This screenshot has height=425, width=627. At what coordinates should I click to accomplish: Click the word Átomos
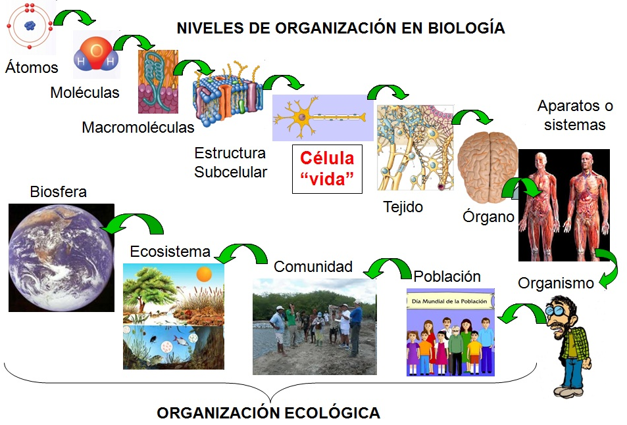pyautogui.click(x=32, y=68)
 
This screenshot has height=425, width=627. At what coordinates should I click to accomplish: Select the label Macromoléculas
pyautogui.click(x=138, y=127)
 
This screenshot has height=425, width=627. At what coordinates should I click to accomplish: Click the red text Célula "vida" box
pyautogui.click(x=327, y=169)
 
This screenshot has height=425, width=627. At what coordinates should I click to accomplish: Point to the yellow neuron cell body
pyautogui.click(x=301, y=118)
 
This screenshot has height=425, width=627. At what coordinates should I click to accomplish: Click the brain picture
pyautogui.click(x=488, y=167)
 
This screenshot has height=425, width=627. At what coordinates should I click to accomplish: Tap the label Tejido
pyautogui.click(x=403, y=207)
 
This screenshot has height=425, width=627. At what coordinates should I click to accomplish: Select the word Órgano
pyautogui.click(x=488, y=216)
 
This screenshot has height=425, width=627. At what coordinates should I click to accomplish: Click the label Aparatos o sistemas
pyautogui.click(x=574, y=115)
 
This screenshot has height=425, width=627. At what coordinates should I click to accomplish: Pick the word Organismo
pyautogui.click(x=556, y=283)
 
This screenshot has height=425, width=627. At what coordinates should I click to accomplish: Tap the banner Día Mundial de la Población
pyautogui.click(x=449, y=302)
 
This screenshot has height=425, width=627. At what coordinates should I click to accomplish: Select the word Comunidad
pyautogui.click(x=313, y=267)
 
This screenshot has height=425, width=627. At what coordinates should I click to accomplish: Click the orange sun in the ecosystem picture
pyautogui.click(x=204, y=274)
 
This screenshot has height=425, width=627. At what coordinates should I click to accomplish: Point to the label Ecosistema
pyautogui.click(x=170, y=252)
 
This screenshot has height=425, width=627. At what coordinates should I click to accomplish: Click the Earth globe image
pyautogui.click(x=61, y=257)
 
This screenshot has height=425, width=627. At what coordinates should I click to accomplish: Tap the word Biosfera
pyautogui.click(x=59, y=192)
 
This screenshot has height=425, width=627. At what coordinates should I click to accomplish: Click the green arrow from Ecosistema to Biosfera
pyautogui.click(x=136, y=220)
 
